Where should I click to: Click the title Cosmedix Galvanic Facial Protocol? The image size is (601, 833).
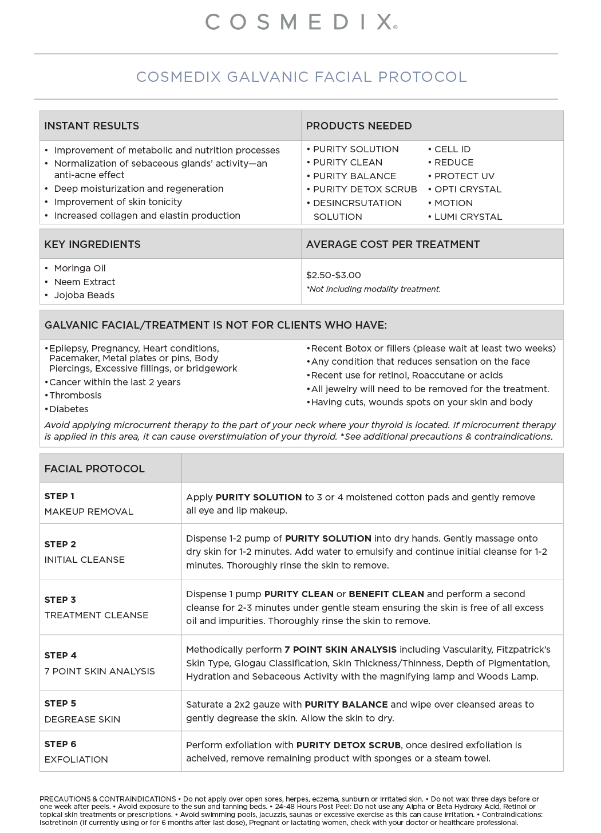click(x=301, y=77)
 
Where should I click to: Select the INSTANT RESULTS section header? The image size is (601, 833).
click(x=92, y=126)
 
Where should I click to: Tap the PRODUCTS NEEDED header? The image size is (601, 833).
click(x=359, y=126)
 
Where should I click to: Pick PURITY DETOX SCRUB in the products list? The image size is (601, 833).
click(x=365, y=190)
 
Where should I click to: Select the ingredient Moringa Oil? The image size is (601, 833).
click(x=80, y=269)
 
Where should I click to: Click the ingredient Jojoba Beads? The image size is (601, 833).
click(x=84, y=295)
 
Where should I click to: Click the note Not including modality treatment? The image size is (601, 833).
click(x=374, y=289)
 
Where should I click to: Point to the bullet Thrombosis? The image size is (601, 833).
click(x=75, y=396)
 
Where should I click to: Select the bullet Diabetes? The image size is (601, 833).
click(x=69, y=409)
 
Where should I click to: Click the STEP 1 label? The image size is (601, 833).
click(x=59, y=496)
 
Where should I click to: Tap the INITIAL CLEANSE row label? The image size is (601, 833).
click(x=84, y=560)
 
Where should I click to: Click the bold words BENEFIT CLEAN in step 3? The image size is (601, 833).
click(x=386, y=594)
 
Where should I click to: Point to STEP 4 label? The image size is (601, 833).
click(x=60, y=656)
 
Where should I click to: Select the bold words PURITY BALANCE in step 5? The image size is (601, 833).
click(x=346, y=705)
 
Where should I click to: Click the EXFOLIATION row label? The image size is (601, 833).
click(x=76, y=760)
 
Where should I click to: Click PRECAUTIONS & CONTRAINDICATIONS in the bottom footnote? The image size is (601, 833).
click(x=108, y=799)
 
